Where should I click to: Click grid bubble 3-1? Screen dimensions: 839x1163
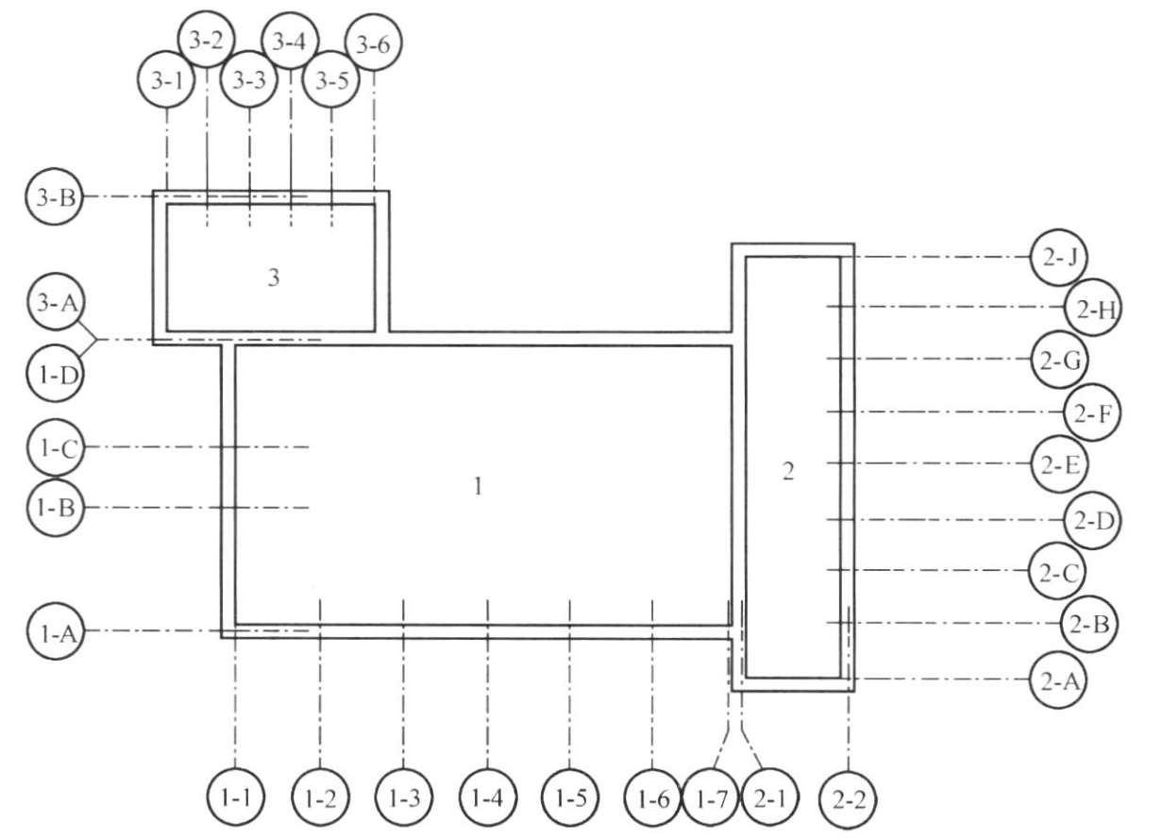[x=166, y=81]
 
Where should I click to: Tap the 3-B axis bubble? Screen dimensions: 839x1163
[x=55, y=197]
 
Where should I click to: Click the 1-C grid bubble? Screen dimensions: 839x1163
[x=55, y=447]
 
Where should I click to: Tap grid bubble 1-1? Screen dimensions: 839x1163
[x=235, y=798]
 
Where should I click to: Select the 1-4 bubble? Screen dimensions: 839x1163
[x=487, y=798]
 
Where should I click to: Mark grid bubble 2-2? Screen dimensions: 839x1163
[x=849, y=799]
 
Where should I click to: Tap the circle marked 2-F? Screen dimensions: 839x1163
[x=1092, y=411]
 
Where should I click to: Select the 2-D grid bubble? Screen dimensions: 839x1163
[x=1092, y=520]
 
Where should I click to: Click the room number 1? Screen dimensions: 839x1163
[x=479, y=487]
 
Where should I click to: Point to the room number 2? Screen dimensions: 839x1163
[x=789, y=472]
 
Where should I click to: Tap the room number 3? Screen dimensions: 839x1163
[x=274, y=277]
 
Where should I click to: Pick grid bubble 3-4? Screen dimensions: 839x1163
[x=290, y=42]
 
